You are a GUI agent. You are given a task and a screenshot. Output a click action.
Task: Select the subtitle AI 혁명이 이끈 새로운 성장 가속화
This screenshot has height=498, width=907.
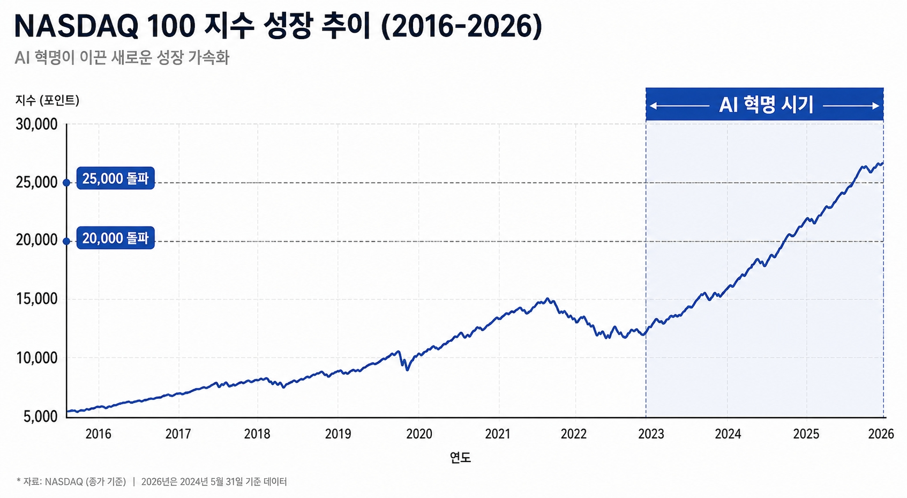pos(122,57)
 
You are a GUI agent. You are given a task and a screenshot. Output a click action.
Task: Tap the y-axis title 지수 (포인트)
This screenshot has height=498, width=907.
pos(47,100)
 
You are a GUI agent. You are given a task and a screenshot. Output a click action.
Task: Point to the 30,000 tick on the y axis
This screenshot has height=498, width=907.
pos(37,124)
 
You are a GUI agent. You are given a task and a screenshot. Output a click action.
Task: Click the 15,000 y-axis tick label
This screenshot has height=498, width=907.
pos(37,299)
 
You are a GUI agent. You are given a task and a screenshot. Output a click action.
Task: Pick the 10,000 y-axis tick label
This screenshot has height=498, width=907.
pos(37,358)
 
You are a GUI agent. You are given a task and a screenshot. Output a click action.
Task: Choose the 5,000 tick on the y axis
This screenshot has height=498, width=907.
pos(41,417)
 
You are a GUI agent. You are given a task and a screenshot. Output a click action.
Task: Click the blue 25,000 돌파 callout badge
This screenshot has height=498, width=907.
pos(115,179)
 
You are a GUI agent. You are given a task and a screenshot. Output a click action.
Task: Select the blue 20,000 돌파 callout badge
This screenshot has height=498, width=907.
pos(115,238)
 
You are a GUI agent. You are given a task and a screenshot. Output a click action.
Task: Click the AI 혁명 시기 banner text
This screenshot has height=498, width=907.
pos(766,105)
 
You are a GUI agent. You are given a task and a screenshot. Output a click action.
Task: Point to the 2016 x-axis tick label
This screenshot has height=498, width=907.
pos(99,434)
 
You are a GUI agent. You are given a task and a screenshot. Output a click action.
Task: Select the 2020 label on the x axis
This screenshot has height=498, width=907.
pos(419,434)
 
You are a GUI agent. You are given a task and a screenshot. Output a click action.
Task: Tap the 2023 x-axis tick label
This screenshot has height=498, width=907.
pos(651,434)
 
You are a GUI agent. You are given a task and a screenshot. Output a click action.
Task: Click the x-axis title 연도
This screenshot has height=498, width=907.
pos(460,458)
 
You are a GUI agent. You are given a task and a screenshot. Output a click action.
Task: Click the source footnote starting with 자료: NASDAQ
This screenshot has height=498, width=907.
pos(151,482)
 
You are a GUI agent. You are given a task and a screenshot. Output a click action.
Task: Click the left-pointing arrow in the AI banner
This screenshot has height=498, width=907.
pos(679,106)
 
